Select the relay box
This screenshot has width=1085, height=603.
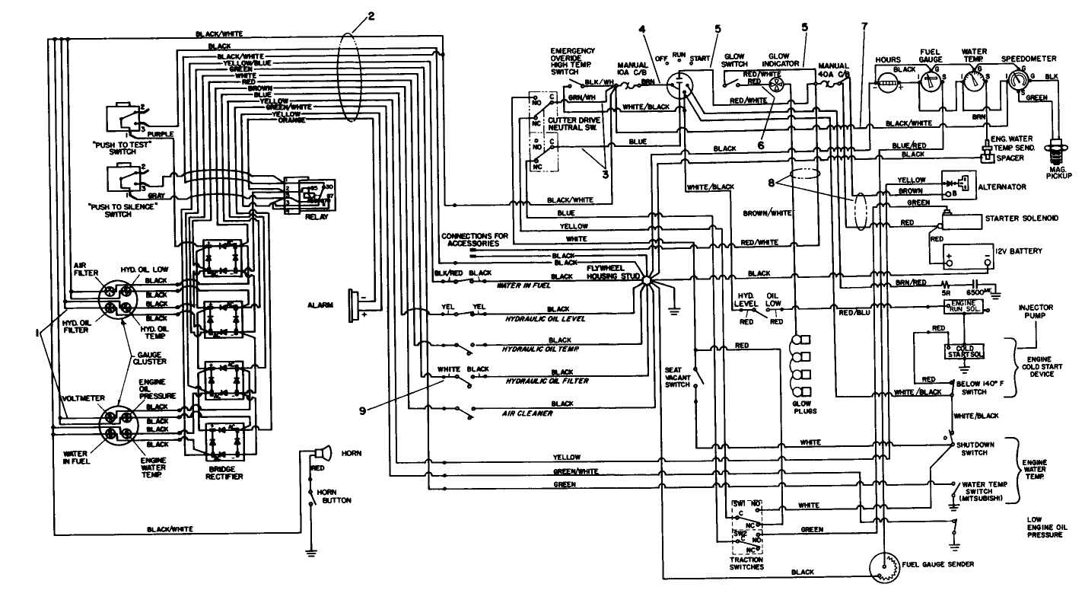(x=308, y=196)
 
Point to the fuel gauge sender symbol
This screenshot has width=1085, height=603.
(x=886, y=567)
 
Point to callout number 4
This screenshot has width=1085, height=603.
(x=643, y=30)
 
